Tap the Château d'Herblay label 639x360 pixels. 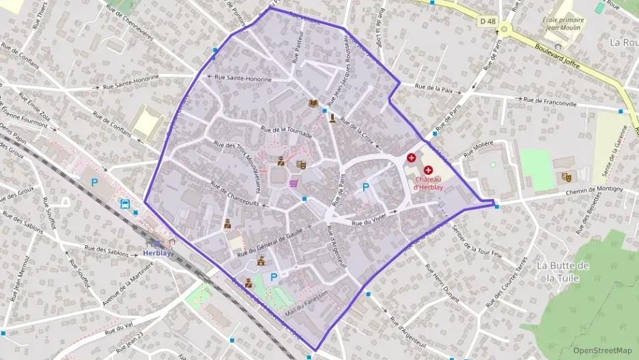click(429, 183)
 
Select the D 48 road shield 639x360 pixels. click(487, 21)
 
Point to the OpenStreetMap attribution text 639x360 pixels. click(602, 350)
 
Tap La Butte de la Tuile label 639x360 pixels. click(563, 271)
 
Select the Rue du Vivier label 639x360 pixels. click(369, 220)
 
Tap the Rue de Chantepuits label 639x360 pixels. click(234, 194)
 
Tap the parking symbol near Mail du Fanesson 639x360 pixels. click(274, 277)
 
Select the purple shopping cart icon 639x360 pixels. click(294, 183)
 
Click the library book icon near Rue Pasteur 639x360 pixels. click(313, 104)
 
